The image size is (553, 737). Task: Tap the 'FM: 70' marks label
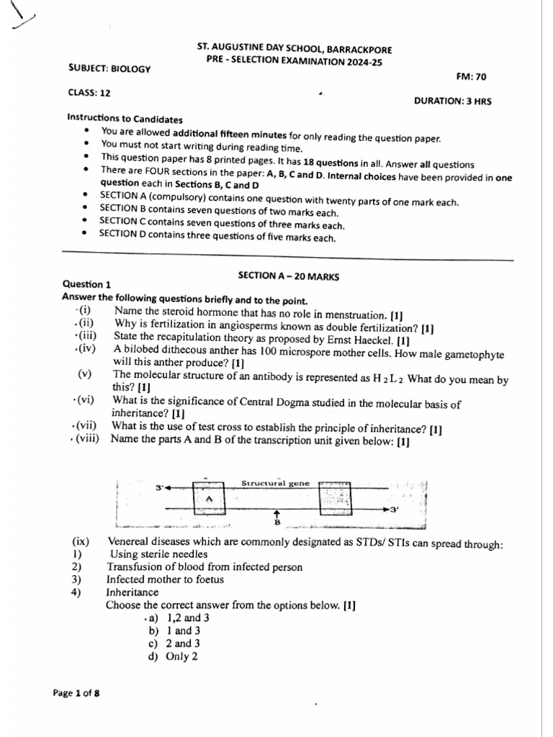point(471,76)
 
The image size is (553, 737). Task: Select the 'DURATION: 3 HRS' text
point(452,101)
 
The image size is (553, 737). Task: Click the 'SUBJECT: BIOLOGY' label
point(109,68)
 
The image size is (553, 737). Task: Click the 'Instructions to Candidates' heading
point(125,119)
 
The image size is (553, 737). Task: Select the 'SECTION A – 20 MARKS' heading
point(288,276)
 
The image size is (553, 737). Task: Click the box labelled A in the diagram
point(209,498)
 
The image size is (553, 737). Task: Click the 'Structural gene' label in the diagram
point(275,483)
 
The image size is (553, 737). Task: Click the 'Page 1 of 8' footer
point(76,693)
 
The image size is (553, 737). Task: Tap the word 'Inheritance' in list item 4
point(132,592)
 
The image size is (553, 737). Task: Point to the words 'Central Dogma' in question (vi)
point(277,404)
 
